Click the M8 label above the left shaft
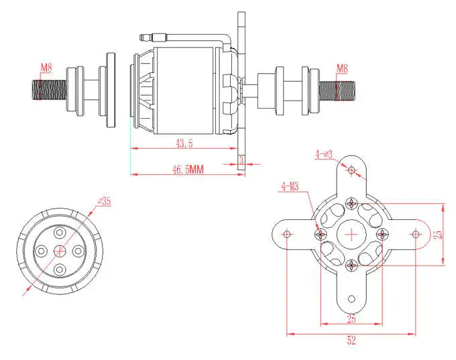click(x=46, y=67)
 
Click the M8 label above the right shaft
click(x=341, y=68)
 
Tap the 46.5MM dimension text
click(x=187, y=170)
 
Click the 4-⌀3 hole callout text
click(x=325, y=154)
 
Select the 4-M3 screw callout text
click(x=290, y=186)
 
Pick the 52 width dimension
click(x=351, y=341)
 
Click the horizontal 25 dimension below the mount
click(x=351, y=318)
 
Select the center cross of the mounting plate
click(x=351, y=234)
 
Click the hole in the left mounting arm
click(x=287, y=234)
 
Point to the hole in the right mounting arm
click(x=415, y=234)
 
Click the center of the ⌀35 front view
click(x=60, y=250)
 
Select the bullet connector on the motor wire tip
click(x=148, y=36)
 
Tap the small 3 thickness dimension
click(x=241, y=160)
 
